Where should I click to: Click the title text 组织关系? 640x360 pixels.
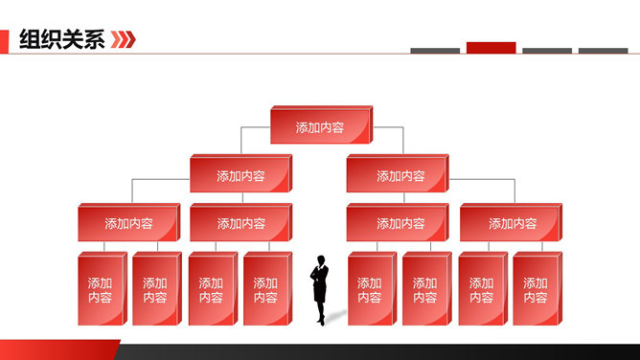61,39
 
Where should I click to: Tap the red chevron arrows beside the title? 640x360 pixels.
123,39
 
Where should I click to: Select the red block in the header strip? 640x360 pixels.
491,48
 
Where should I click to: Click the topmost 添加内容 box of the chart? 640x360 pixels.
320,127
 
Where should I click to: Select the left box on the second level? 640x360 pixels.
240,175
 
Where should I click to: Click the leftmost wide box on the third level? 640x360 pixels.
128,223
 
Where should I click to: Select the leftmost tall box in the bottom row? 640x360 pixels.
100,290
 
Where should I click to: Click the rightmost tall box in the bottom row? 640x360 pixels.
536,290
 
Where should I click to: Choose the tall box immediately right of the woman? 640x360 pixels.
370,290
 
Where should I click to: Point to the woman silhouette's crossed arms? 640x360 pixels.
318,279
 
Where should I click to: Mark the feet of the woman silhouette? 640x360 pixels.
320,320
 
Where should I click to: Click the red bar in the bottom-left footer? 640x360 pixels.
57,349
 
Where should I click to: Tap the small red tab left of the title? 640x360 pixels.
5,39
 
